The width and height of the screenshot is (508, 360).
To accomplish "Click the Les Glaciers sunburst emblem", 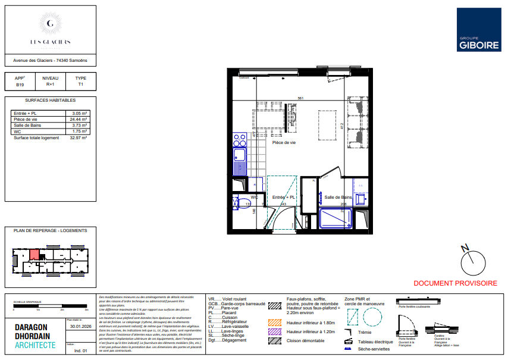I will [x=51, y=24].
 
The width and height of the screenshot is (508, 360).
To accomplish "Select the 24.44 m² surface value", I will [x=79, y=119].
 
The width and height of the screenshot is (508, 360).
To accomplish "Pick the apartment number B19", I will [x=20, y=85].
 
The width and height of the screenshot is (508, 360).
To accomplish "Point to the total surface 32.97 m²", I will [x=79, y=137].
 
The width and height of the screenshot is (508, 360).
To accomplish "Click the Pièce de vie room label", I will [x=284, y=143].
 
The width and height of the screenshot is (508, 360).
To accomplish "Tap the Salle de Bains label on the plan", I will [x=338, y=197].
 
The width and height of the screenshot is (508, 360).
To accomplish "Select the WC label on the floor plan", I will [x=254, y=196].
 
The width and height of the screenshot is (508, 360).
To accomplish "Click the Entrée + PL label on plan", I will [x=283, y=196].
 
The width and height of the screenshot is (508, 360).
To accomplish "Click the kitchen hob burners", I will [x=240, y=140].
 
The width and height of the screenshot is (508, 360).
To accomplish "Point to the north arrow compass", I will [x=473, y=258].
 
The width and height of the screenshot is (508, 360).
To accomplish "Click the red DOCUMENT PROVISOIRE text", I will [x=455, y=283].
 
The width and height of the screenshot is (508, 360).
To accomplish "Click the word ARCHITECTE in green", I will [x=36, y=346].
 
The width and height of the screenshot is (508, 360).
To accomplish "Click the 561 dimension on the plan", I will [x=301, y=98].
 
